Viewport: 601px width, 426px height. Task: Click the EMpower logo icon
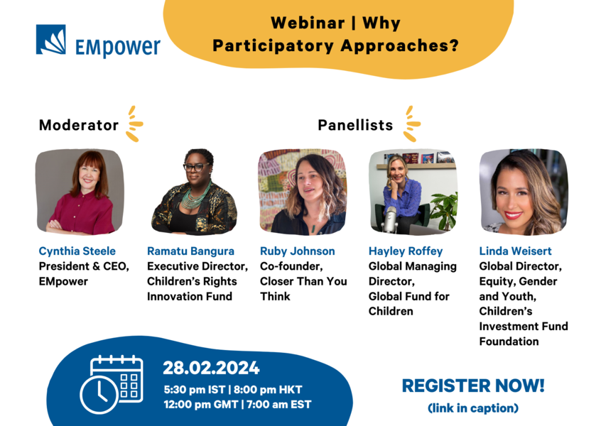[51, 40]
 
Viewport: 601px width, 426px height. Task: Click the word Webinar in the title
[308, 23]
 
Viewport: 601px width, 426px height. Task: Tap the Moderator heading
[79, 125]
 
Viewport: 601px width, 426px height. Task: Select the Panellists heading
[355, 125]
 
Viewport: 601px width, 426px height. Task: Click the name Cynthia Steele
[77, 251]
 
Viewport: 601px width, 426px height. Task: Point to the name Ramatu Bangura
[190, 251]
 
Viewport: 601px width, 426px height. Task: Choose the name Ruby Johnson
[298, 251]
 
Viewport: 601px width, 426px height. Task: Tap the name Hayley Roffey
[406, 251]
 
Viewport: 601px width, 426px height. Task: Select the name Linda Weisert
[515, 251]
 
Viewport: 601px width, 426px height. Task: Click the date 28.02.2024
[211, 368]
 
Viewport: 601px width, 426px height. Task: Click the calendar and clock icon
[111, 384]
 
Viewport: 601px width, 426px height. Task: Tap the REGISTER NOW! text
[473, 386]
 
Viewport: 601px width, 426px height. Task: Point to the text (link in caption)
[473, 408]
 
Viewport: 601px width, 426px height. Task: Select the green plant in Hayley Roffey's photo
[444, 210]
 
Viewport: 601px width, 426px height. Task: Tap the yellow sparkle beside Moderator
[134, 124]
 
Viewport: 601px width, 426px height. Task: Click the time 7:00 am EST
[278, 405]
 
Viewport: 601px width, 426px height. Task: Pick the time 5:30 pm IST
[195, 390]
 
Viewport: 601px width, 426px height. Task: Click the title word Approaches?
[399, 46]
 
